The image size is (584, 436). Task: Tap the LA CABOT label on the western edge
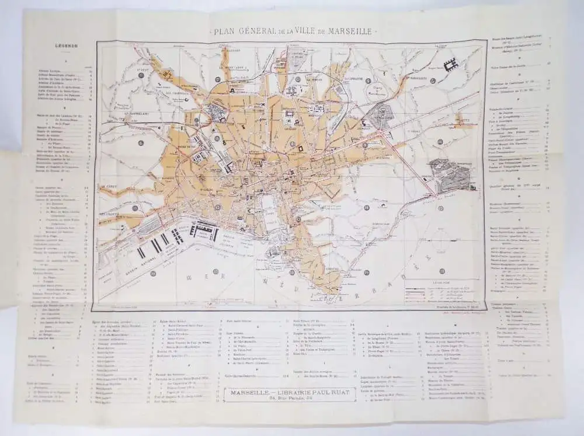107,187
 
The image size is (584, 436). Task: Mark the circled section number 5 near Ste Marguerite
433,81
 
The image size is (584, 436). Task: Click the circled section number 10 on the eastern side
440,142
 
